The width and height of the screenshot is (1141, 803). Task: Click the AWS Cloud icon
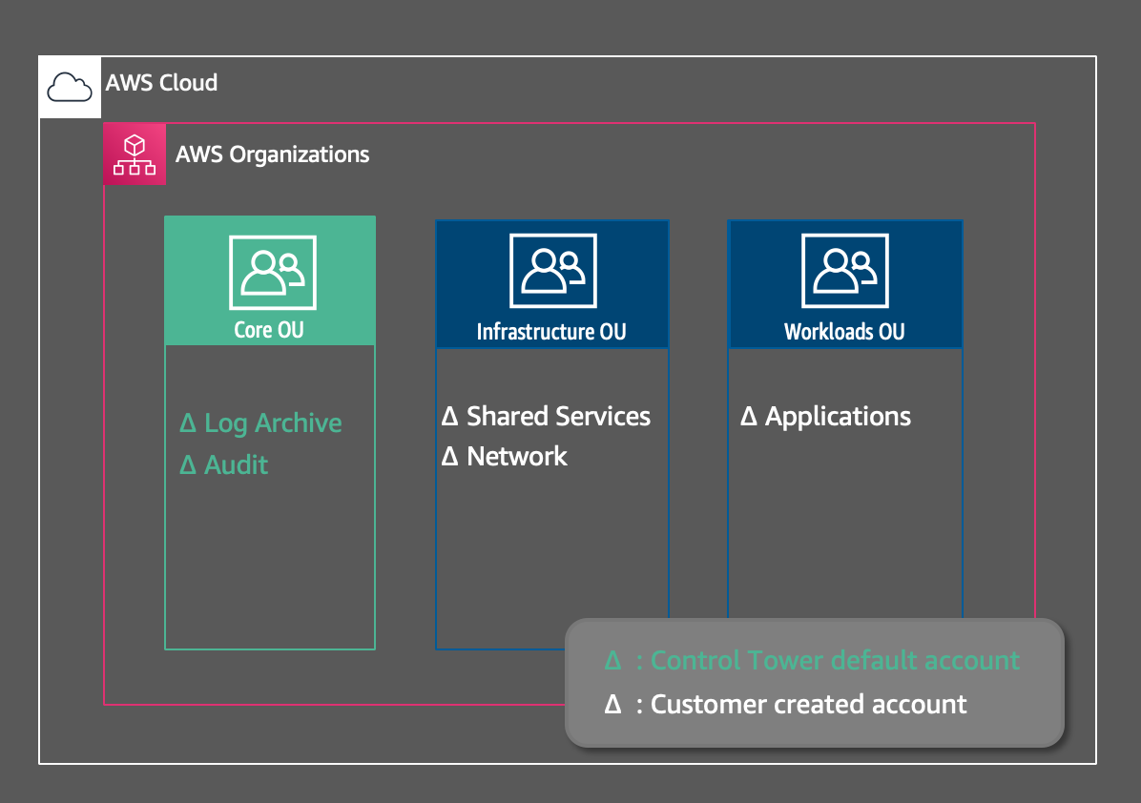point(70,87)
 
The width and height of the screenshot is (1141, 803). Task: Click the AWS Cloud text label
point(161,83)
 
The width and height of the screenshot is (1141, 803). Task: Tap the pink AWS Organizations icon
point(135,154)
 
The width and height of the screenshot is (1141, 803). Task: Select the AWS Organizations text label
point(272,154)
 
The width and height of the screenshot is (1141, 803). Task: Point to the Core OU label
point(269,330)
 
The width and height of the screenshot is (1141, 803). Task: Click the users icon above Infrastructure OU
point(552,272)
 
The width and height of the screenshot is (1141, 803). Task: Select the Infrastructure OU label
point(551,332)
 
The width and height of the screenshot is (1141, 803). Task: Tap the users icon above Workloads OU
point(844,272)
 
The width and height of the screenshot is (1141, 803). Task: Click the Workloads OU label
point(844,332)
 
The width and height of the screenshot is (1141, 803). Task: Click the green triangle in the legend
point(612,661)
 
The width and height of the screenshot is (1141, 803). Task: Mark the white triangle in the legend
point(612,706)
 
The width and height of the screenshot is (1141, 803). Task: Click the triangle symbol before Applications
point(749,418)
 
